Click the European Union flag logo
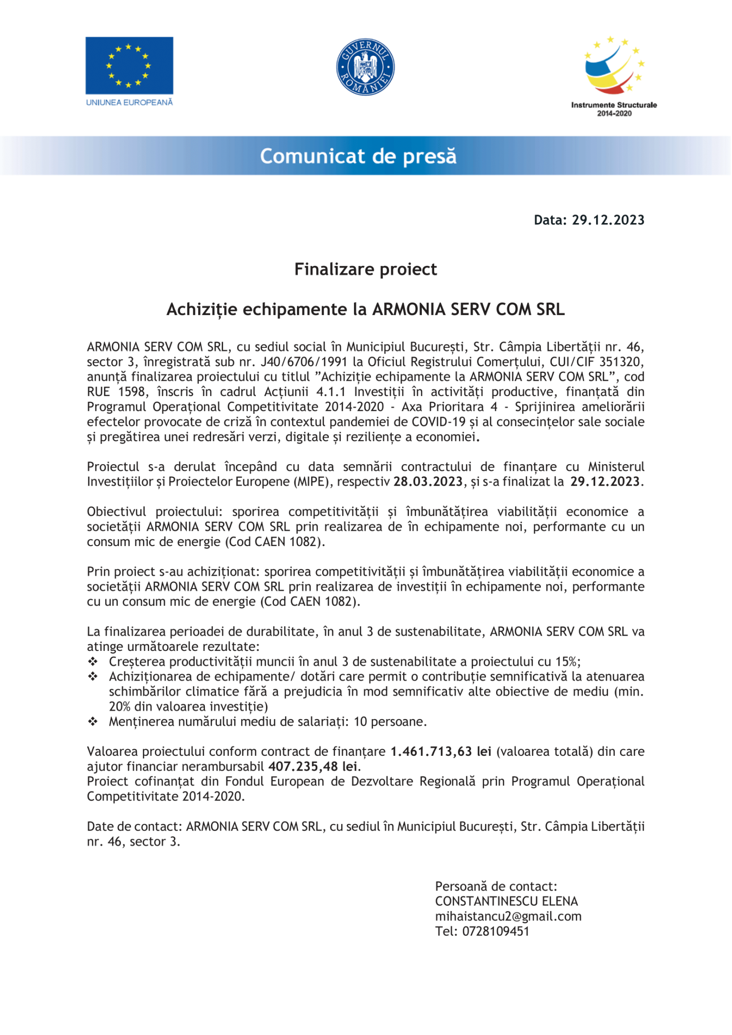[x=129, y=66]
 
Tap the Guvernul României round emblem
[x=366, y=67]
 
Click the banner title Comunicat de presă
[x=358, y=156]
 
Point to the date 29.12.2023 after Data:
[x=608, y=220]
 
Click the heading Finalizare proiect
[x=366, y=270]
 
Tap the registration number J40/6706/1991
[x=304, y=362]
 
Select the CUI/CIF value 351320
[x=621, y=362]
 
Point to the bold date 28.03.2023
[x=428, y=482]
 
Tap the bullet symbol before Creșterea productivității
[x=93, y=662]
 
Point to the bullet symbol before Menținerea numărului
[x=93, y=722]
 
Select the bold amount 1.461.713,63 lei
[x=441, y=752]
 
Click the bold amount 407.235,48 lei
[x=313, y=767]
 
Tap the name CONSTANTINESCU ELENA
[x=506, y=902]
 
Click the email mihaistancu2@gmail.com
[x=508, y=917]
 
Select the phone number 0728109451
[x=496, y=932]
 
